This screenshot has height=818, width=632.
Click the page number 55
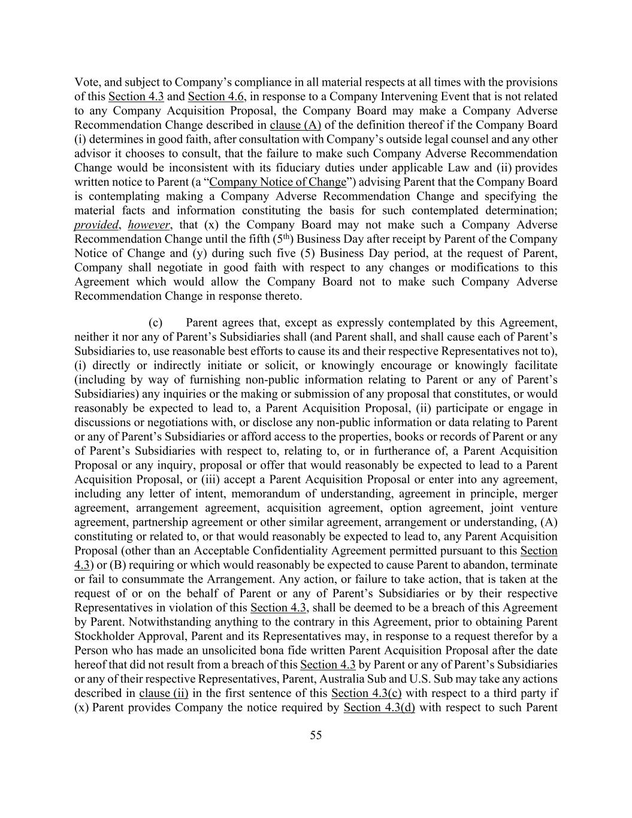click(316, 735)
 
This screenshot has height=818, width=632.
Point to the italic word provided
click(96, 225)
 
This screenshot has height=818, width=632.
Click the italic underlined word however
click(149, 225)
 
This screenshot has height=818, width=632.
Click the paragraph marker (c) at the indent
click(156, 323)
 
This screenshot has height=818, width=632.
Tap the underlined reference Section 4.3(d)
click(379, 708)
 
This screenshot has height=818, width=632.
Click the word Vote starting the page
click(86, 82)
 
